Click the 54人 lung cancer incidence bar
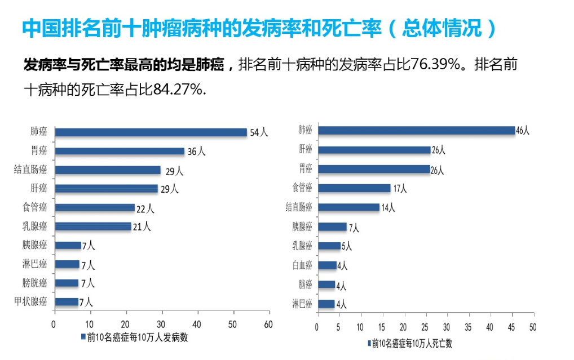click(151, 132)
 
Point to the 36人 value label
click(196, 152)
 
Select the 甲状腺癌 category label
click(30, 301)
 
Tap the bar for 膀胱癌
click(66, 283)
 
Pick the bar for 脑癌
click(326, 285)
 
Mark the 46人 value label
click(523, 131)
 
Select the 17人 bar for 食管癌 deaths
click(354, 188)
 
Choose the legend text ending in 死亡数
click(412, 343)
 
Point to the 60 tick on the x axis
click(268, 325)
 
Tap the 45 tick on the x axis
click(511, 327)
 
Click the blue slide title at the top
click(259, 29)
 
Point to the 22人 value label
click(145, 209)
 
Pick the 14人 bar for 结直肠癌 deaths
click(348, 207)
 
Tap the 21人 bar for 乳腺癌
click(92, 226)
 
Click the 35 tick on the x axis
click(468, 327)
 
